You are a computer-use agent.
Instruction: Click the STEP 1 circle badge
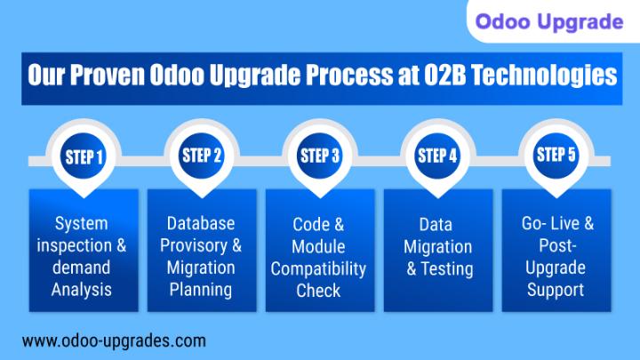click(84, 156)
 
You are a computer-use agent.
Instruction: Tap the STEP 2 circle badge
click(202, 156)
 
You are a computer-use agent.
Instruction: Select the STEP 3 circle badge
click(320, 156)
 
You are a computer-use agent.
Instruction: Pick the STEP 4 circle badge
click(437, 156)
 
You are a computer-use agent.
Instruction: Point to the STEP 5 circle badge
click(556, 156)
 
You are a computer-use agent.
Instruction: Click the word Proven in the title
click(108, 76)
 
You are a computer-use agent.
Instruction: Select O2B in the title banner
click(445, 75)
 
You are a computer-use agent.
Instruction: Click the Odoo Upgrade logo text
click(549, 21)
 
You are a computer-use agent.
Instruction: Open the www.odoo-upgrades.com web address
click(114, 340)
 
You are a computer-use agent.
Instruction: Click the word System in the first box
click(82, 224)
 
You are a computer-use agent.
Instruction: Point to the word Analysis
click(82, 290)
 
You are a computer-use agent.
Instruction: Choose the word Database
click(201, 223)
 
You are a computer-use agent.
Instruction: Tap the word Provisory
click(194, 245)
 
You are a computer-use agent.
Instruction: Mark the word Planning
click(201, 290)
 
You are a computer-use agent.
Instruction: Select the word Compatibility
click(318, 269)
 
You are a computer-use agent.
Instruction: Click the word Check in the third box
click(318, 291)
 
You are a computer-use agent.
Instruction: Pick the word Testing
click(447, 269)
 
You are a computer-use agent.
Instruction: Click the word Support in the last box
click(556, 290)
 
